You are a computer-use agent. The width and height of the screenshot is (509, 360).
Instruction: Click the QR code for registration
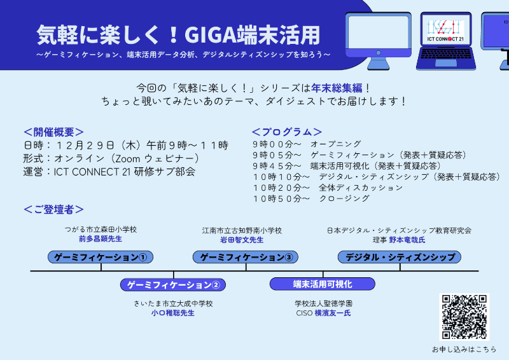(464, 317)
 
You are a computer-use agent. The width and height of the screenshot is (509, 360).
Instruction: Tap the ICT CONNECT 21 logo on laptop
(443, 32)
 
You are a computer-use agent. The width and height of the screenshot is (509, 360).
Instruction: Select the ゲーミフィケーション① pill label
(101, 257)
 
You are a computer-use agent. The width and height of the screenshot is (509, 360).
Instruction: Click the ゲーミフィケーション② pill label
(173, 284)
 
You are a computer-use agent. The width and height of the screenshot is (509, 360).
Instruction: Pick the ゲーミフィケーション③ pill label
(246, 257)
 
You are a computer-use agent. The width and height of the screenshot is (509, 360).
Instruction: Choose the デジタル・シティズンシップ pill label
(400, 257)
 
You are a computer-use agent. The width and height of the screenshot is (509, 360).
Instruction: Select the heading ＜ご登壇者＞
(53, 209)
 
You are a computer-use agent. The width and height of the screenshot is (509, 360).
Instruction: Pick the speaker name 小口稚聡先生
(173, 313)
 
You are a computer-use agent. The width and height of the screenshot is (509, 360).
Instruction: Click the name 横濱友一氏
(332, 313)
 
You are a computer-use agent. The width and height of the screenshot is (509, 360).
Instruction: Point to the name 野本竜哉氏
(407, 240)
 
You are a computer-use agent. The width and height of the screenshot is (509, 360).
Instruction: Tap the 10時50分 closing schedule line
(310, 198)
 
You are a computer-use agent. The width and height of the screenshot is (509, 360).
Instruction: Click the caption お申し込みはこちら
(464, 349)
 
